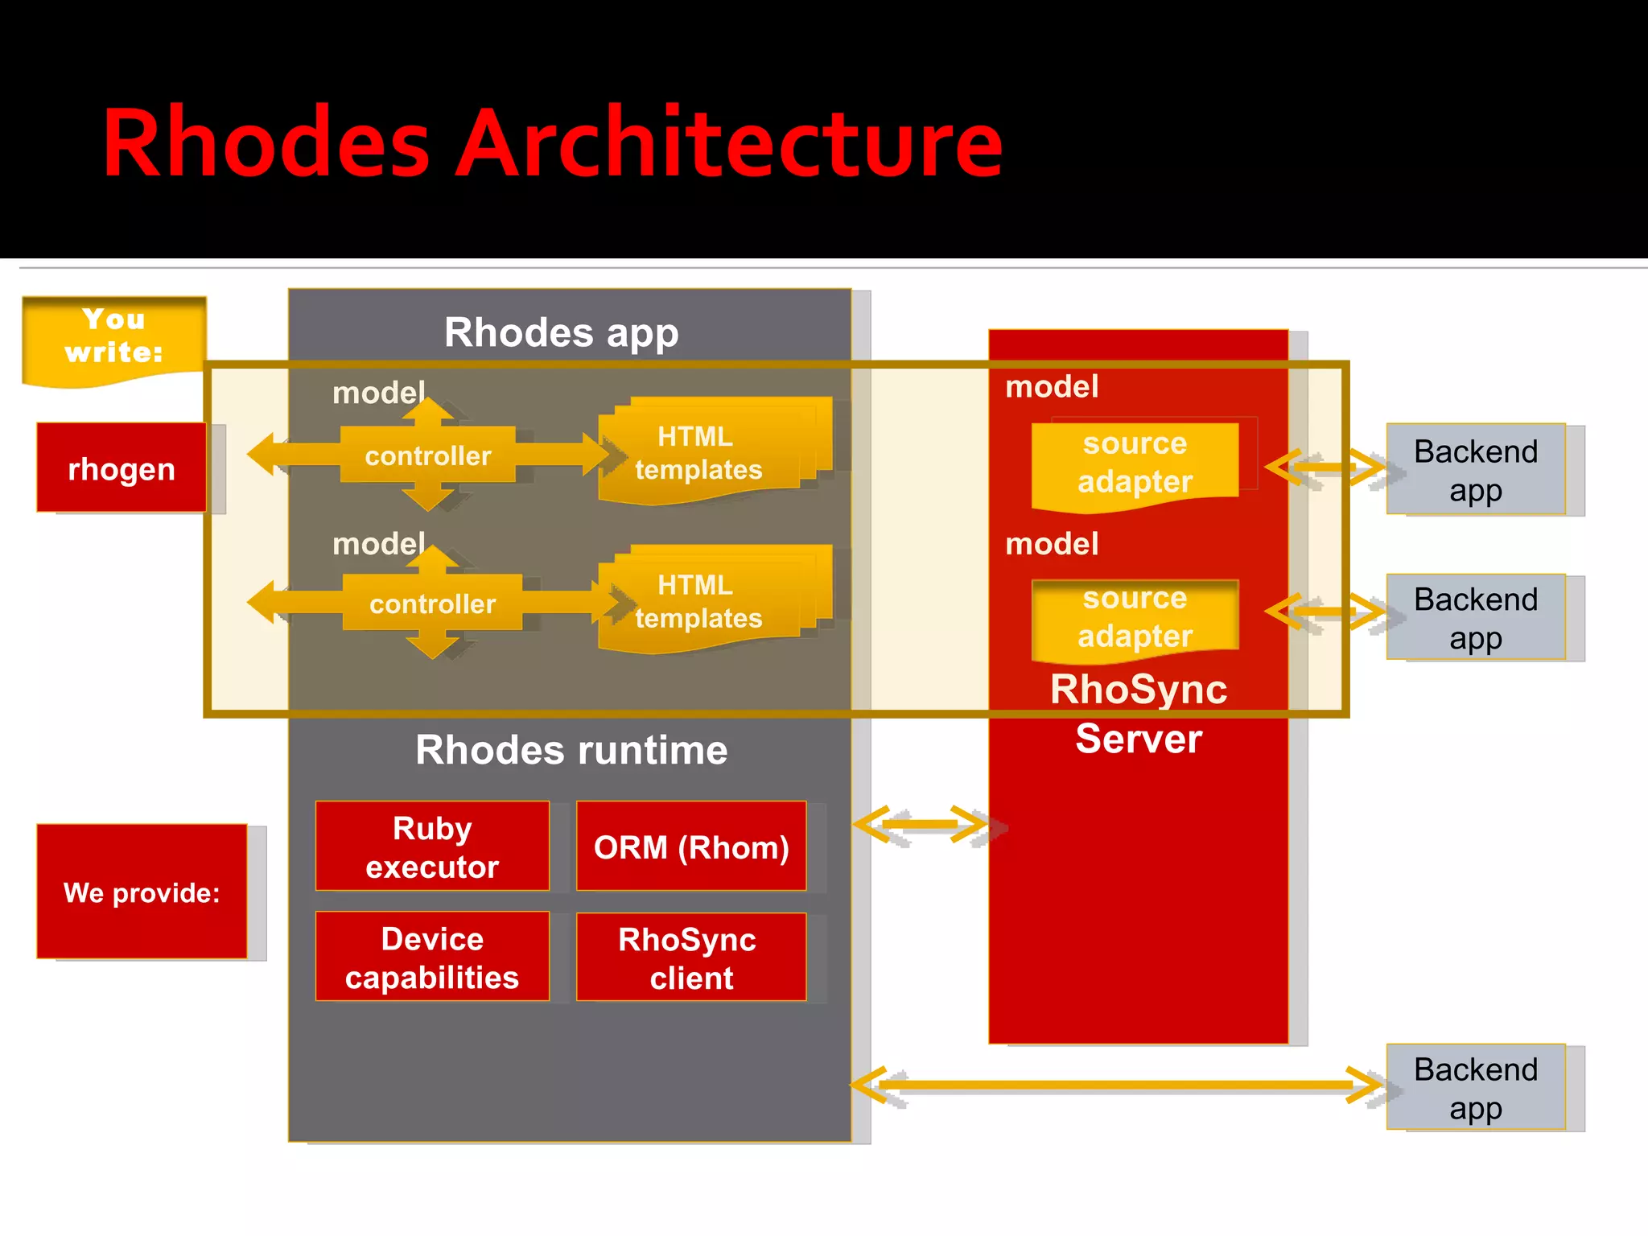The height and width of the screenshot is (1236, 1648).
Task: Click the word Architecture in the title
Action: [728, 143]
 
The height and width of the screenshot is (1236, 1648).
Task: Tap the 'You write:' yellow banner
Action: [113, 338]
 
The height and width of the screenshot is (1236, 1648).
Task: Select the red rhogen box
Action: [122, 468]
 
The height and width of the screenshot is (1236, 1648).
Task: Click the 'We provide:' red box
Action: [142, 892]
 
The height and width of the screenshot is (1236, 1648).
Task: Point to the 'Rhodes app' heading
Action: [561, 332]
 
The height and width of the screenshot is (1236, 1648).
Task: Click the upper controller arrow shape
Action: [428, 455]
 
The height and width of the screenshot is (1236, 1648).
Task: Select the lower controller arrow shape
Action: [432, 604]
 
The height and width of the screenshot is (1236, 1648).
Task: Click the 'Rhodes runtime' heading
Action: [571, 750]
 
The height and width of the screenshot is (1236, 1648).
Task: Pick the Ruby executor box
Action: [432, 847]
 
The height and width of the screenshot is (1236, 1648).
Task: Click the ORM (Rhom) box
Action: [691, 847]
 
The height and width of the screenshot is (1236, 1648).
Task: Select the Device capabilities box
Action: [432, 957]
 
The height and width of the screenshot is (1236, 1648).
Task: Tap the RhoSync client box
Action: [691, 958]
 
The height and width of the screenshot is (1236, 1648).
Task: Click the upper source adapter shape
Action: [1135, 463]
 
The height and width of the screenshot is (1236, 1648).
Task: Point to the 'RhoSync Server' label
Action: [1138, 713]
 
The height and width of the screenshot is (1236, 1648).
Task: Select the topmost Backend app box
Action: [1475, 469]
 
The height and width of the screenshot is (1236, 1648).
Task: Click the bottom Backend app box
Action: [1475, 1087]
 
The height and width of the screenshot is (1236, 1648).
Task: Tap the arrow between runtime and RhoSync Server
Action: [921, 825]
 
